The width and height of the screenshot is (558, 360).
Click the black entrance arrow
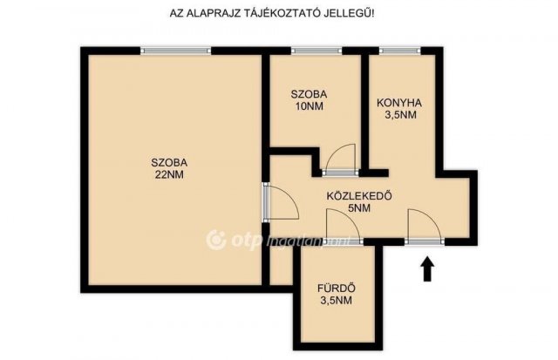[427, 269]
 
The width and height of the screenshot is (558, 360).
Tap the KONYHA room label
[399, 103]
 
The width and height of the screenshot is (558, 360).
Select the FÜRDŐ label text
[337, 289]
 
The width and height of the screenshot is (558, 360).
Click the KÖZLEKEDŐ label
[359, 195]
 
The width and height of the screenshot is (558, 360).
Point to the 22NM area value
[169, 174]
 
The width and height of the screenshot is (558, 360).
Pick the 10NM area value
[309, 106]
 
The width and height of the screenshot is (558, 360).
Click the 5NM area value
[359, 208]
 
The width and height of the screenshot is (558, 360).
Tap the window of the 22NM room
[176, 51]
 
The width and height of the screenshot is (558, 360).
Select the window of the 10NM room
[316, 51]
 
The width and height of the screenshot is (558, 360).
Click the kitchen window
[399, 51]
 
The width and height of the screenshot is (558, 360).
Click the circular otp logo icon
[216, 240]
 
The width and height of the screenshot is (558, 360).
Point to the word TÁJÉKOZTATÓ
[277, 13]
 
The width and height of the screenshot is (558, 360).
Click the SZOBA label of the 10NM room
[309, 94]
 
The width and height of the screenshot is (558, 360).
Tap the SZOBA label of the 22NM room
[169, 163]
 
